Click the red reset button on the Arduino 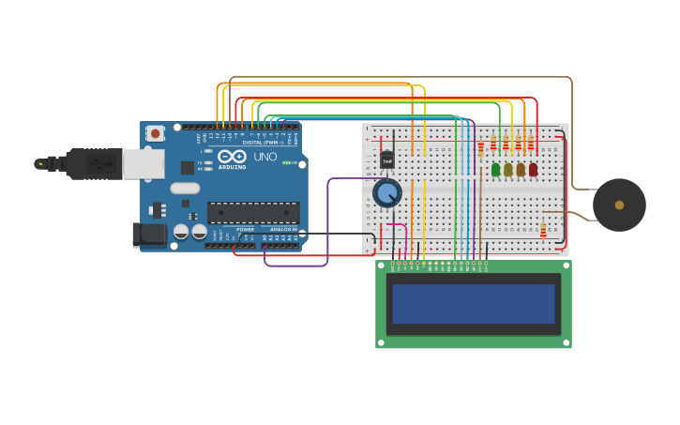(x=155, y=133)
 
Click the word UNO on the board (x=265, y=157)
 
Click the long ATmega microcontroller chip (x=253, y=213)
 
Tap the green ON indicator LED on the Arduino (x=286, y=163)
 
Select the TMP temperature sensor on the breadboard (x=387, y=159)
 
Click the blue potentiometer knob (x=387, y=193)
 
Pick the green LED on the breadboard (x=495, y=170)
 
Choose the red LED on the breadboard (x=533, y=170)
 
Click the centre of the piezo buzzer (x=619, y=205)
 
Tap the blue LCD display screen (x=474, y=304)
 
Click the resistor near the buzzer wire (x=543, y=229)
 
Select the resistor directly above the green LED (x=493, y=144)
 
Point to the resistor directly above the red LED (x=530, y=144)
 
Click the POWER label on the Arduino (x=245, y=229)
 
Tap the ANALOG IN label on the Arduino (x=283, y=229)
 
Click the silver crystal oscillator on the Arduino (x=185, y=188)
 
